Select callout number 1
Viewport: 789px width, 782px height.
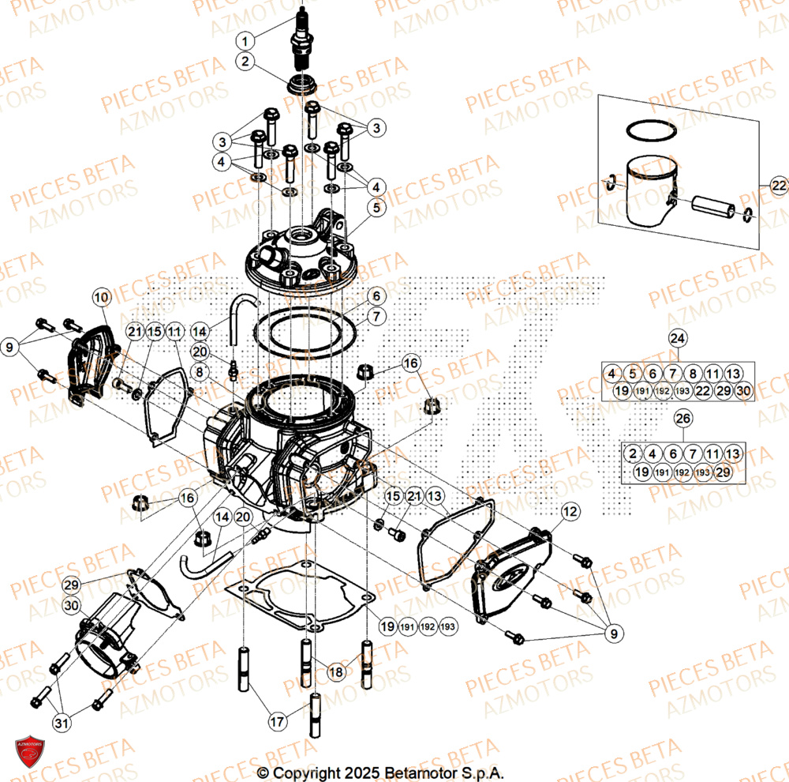[x=246, y=40]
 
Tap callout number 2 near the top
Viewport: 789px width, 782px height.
[x=246, y=60]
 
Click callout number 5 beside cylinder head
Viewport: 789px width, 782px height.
[x=376, y=208]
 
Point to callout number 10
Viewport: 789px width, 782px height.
[x=100, y=298]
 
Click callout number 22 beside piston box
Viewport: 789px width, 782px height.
[x=779, y=186]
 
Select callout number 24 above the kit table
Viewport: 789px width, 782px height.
[x=678, y=339]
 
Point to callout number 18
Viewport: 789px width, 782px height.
[x=337, y=671]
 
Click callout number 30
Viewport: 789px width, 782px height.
[x=73, y=606]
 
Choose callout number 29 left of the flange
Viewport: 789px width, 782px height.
[x=73, y=585]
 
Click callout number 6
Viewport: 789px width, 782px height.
[x=376, y=296]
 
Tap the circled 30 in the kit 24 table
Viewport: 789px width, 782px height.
[x=743, y=391]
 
